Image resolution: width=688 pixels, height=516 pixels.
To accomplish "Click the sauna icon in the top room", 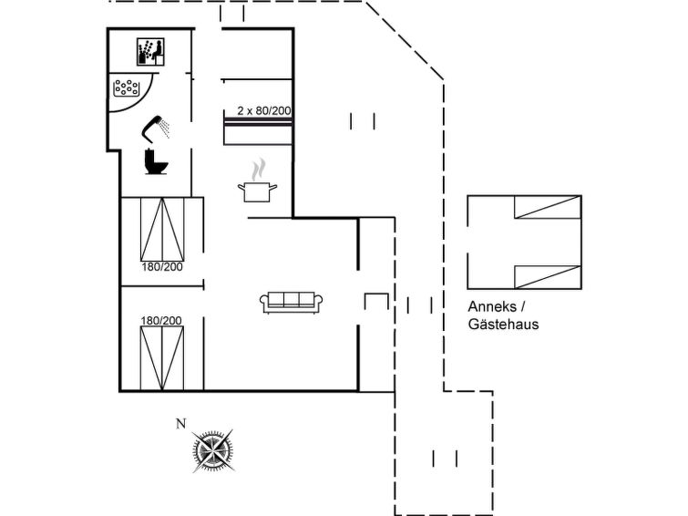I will point(149,51).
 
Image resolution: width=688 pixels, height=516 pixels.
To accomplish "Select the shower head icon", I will point(157,126).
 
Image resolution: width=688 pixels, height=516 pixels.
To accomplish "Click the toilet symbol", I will point(157,162).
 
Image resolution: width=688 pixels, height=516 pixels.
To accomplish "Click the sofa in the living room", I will point(290,302).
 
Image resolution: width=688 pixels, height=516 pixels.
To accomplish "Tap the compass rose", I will point(215,449).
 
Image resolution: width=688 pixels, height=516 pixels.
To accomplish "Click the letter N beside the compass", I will point(180,422).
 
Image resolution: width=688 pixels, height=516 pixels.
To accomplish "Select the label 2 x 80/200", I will point(264,110).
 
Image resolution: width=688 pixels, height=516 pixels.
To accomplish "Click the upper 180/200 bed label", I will point(161,267).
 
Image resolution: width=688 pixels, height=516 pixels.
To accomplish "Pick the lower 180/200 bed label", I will point(161,320).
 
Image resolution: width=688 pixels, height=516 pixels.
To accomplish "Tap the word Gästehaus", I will point(503,324).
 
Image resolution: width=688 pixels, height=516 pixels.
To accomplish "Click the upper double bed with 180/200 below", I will point(162,228).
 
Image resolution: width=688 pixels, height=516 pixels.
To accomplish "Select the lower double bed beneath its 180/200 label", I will point(162,357).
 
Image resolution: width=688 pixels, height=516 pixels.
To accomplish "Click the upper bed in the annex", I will point(547,208).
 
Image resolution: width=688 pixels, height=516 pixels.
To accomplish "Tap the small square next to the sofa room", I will point(376,303).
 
